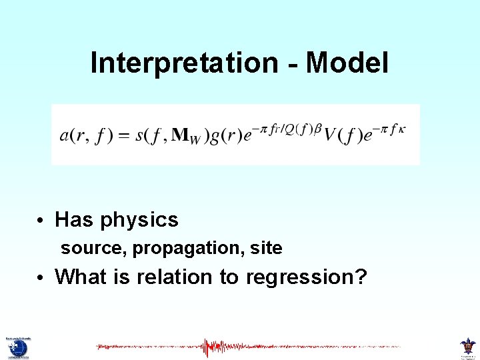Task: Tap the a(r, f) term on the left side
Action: [x=85, y=135]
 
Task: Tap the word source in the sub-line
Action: [x=83, y=249]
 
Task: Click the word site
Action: [x=266, y=249]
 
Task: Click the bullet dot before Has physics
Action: [x=41, y=221]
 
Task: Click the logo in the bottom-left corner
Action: [x=18, y=347]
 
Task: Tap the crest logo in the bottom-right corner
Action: [x=467, y=347]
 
